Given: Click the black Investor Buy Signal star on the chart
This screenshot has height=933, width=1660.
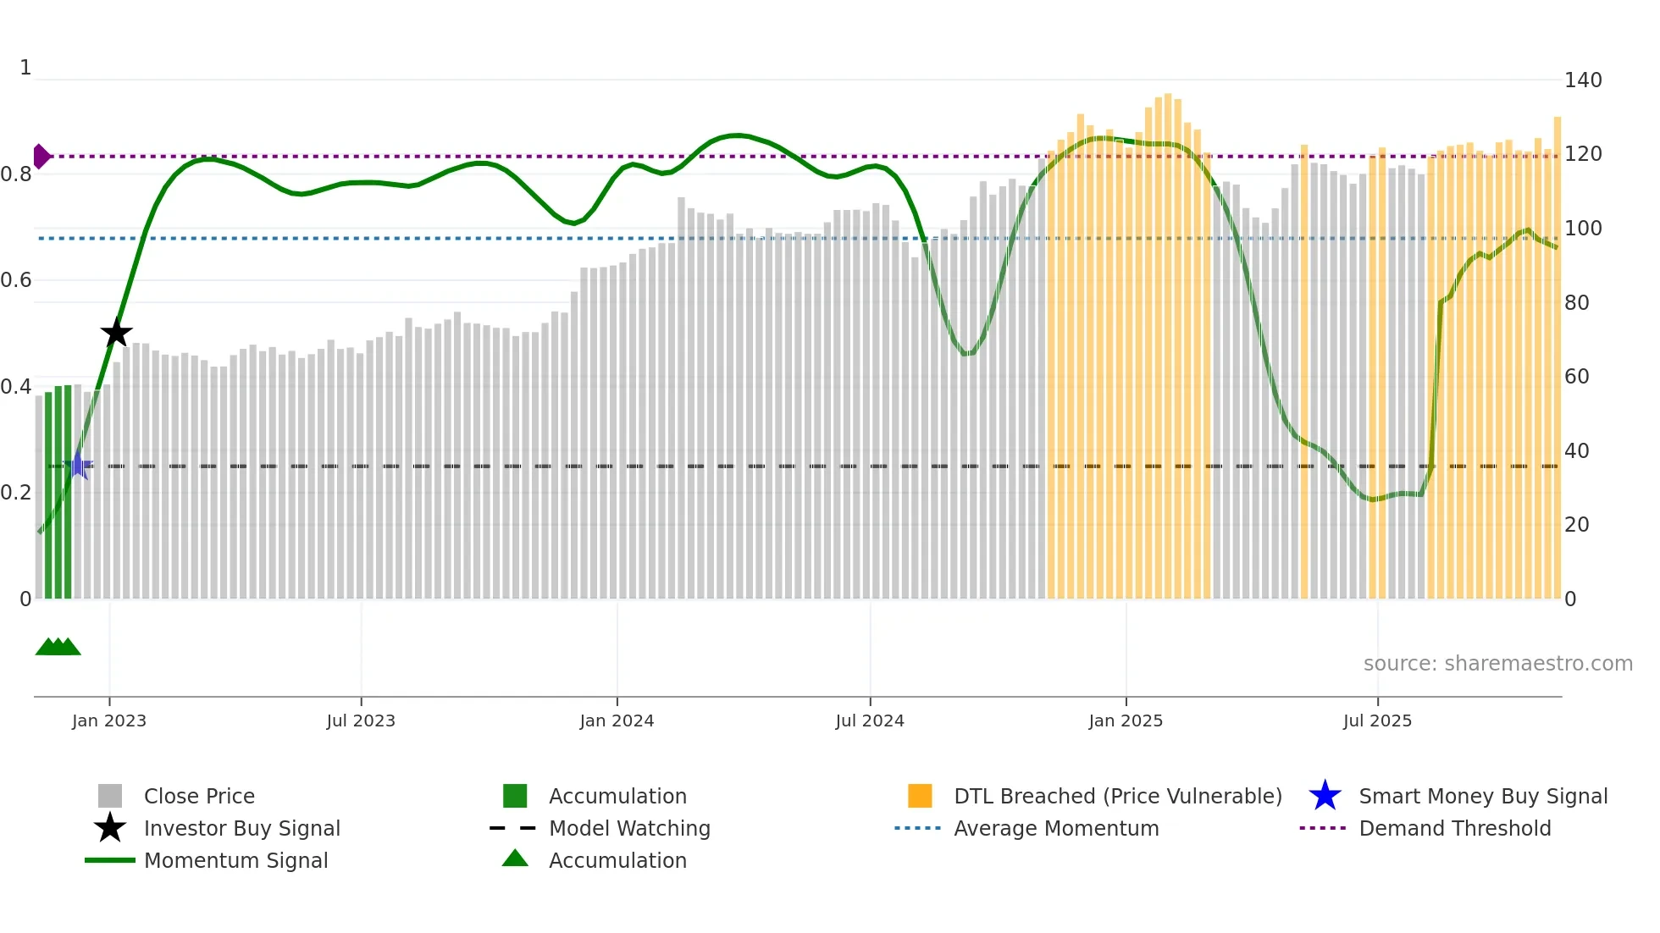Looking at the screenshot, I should pos(117,333).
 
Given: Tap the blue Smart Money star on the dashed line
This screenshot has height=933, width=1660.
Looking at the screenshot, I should pos(78,466).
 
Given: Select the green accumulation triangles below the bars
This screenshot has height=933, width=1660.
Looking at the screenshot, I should pos(58,647).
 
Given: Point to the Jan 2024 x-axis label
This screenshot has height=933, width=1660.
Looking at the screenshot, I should pos(617,720).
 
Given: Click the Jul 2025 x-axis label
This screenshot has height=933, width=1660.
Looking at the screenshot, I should pos(1377,720).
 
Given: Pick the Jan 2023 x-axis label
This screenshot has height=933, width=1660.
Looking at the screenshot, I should pos(109,720).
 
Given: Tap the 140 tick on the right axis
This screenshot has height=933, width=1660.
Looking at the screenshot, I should pos(1583,80).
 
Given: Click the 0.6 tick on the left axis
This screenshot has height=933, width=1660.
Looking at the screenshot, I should pos(16,280).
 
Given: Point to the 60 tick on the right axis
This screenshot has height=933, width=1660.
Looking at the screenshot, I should pos(1576,377).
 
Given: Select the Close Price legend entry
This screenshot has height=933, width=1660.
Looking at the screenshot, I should pos(199,796).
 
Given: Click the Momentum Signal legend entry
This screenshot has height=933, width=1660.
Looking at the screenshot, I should pos(235,860).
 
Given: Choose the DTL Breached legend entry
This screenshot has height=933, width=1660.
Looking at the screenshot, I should pos(1117,796).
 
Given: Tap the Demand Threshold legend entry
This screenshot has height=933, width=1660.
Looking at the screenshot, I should pos(1454,828).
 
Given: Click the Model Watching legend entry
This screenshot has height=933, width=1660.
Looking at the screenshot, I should pos(629,828).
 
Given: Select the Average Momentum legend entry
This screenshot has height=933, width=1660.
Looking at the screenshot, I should pos(1056,828).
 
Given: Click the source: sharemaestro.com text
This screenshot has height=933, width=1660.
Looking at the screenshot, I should pos(1497,664).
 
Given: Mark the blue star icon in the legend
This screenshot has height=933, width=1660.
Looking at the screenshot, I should pos(1325,796).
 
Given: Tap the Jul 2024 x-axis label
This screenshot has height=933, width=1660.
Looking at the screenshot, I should pos(870,720).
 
